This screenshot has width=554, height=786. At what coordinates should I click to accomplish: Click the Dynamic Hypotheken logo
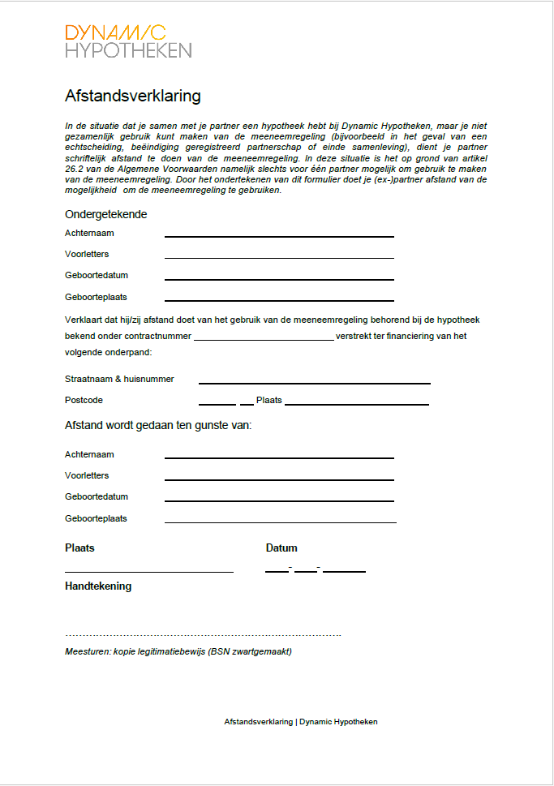pyautogui.click(x=127, y=41)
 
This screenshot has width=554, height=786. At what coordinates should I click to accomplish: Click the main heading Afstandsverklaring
pyautogui.click(x=132, y=97)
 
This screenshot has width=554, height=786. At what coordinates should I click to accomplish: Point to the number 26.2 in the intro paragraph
pyautogui.click(x=74, y=169)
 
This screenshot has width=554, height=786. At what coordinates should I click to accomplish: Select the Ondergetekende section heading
pyautogui.click(x=105, y=214)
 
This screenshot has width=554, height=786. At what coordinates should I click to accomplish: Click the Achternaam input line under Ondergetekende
pyautogui.click(x=279, y=235)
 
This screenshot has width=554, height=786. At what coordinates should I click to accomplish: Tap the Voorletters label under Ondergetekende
pyautogui.click(x=87, y=254)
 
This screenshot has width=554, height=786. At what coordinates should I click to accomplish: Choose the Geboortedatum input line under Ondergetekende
pyautogui.click(x=279, y=278)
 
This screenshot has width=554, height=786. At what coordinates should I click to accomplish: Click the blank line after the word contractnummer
pyautogui.click(x=263, y=339)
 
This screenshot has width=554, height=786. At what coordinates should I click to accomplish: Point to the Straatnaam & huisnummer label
pyautogui.click(x=119, y=379)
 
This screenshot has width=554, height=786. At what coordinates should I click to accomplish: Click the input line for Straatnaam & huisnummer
pyautogui.click(x=314, y=382)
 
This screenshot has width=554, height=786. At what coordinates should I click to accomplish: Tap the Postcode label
pyautogui.click(x=84, y=400)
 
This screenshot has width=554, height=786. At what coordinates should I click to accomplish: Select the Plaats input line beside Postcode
pyautogui.click(x=356, y=403)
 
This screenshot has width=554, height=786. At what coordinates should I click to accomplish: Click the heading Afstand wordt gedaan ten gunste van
pyautogui.click(x=158, y=425)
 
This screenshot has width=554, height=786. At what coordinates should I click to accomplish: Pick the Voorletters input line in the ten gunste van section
pyautogui.click(x=279, y=479)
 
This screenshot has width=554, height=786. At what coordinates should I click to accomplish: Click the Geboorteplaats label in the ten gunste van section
pyautogui.click(x=96, y=518)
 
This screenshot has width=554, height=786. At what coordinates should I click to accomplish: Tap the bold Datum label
pyautogui.click(x=281, y=548)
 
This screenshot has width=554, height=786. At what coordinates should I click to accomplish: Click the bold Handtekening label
pyautogui.click(x=98, y=586)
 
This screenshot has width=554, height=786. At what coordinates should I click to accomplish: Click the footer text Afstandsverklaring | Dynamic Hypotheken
pyautogui.click(x=300, y=721)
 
